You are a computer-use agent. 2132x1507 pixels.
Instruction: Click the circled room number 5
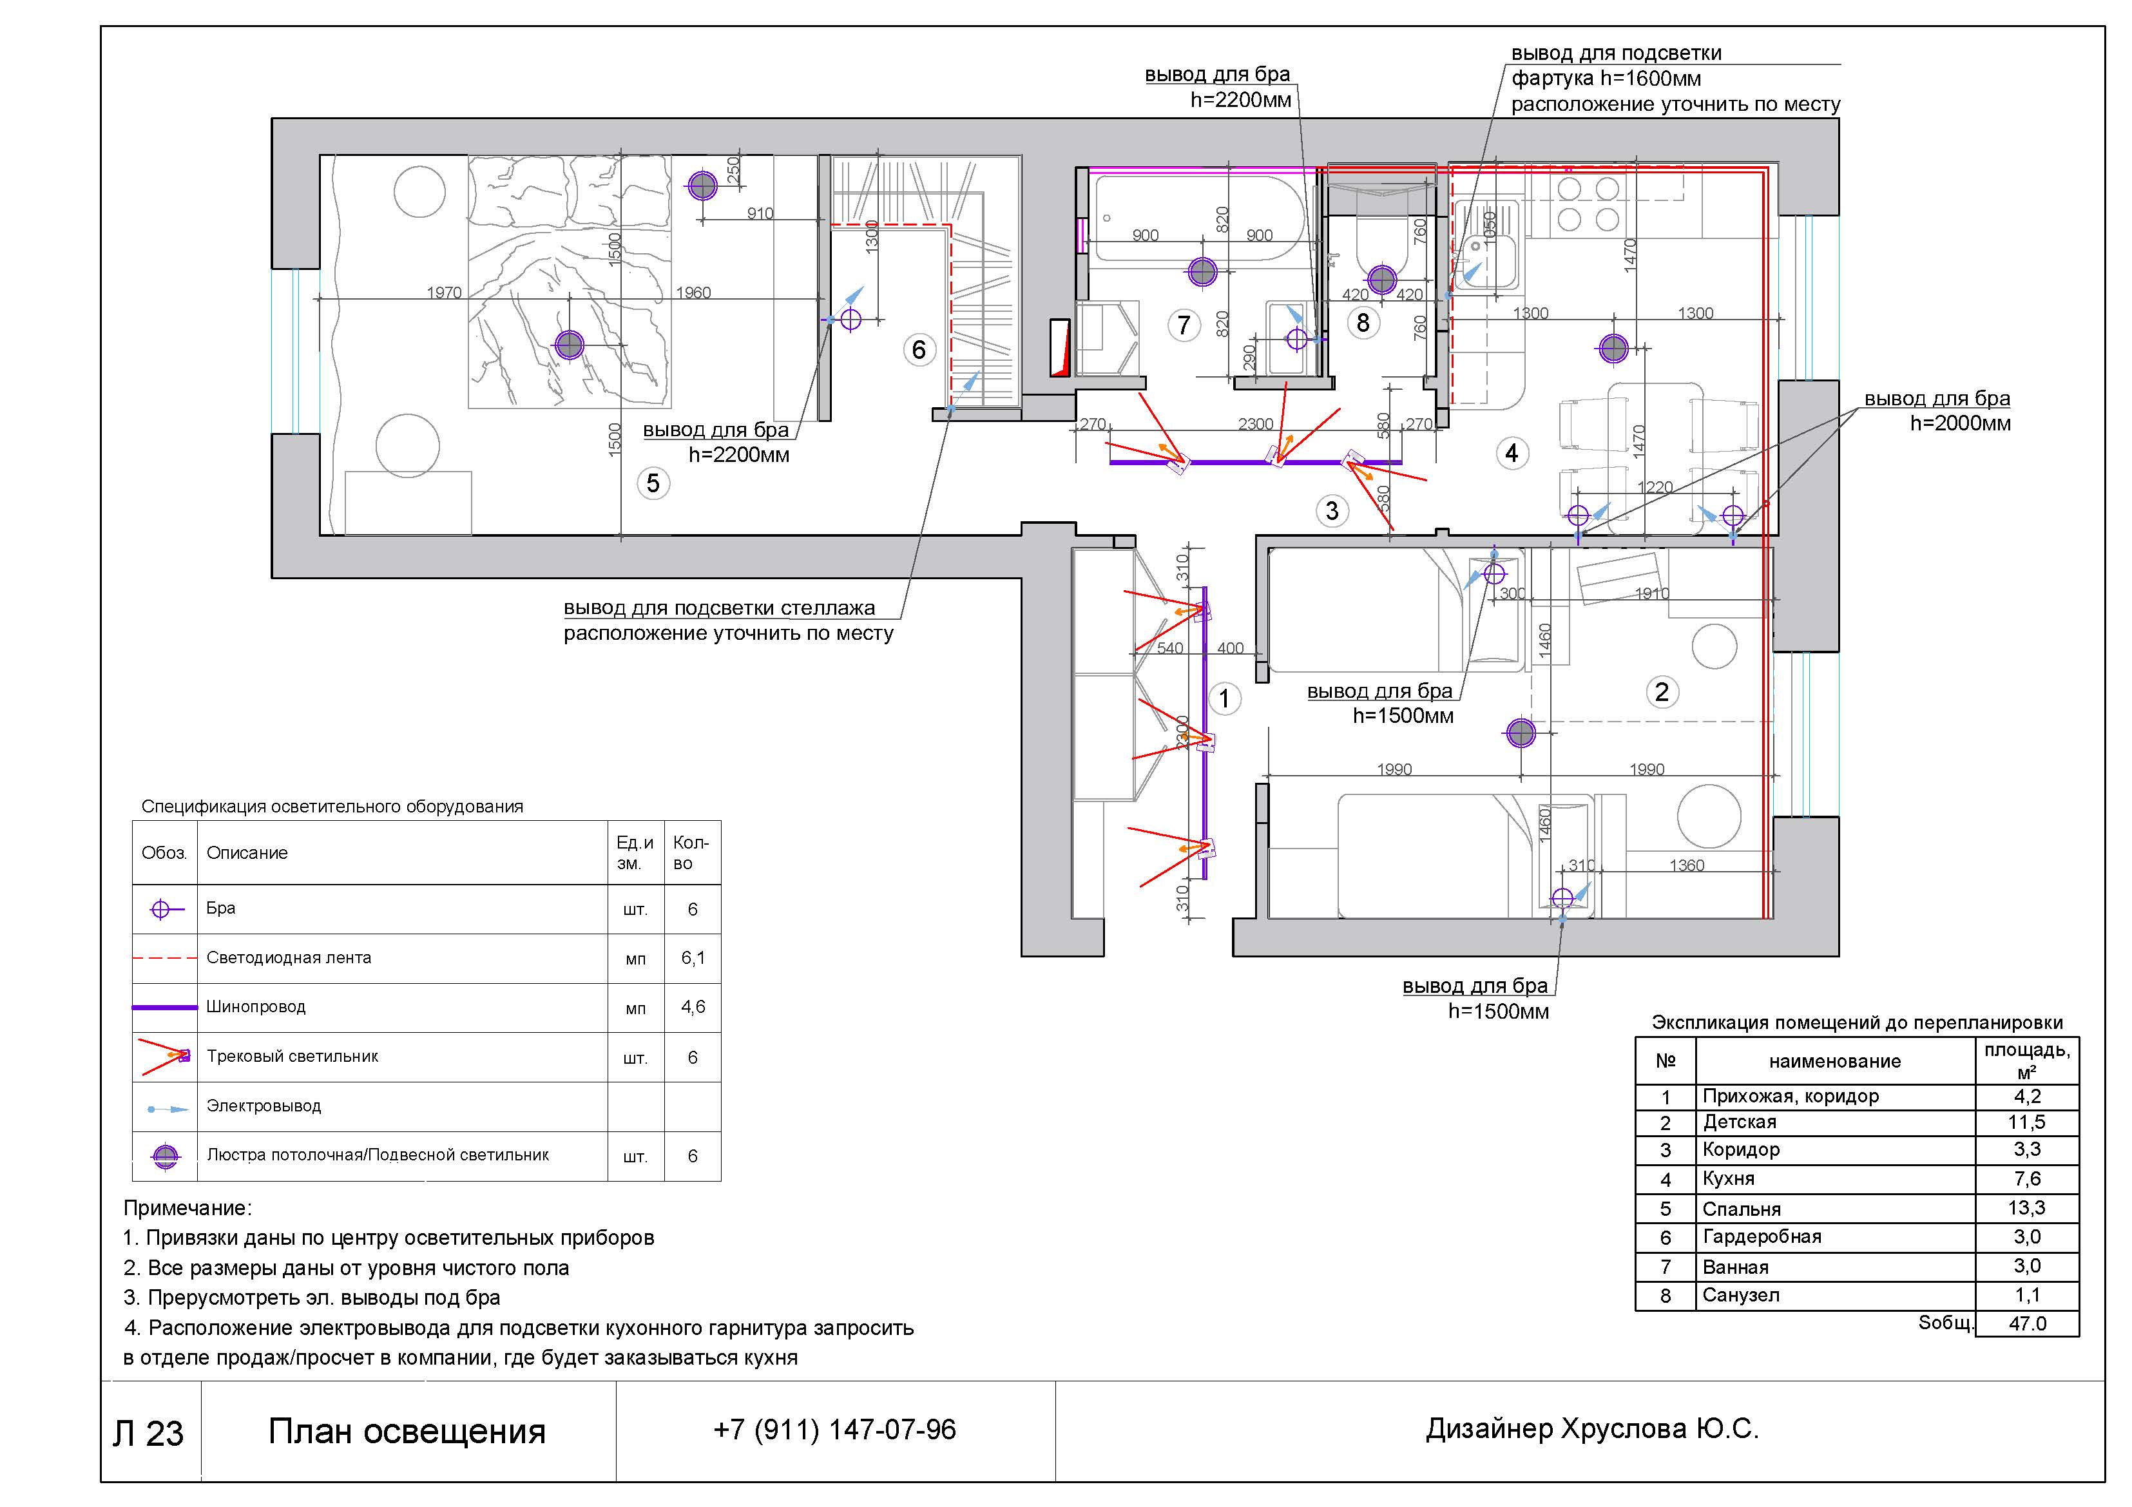coord(653,483)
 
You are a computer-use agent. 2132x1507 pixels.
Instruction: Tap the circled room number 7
coord(1184,325)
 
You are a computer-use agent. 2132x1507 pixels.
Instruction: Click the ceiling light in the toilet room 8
coord(1382,278)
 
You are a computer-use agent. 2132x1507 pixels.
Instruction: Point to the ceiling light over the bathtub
coord(1202,271)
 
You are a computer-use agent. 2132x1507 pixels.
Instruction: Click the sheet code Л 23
coord(149,1433)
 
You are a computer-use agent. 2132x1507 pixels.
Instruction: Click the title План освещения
coord(407,1431)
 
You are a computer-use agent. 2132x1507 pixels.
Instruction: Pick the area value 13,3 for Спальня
coord(2026,1207)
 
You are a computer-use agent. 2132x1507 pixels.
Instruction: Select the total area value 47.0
coord(2027,1323)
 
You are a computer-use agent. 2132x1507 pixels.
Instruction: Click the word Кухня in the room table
coord(1728,1178)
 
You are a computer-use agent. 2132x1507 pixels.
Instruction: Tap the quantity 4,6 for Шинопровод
coord(693,1006)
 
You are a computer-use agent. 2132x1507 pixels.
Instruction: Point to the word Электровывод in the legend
coord(264,1106)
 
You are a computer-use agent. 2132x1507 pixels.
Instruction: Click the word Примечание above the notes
coord(187,1208)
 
